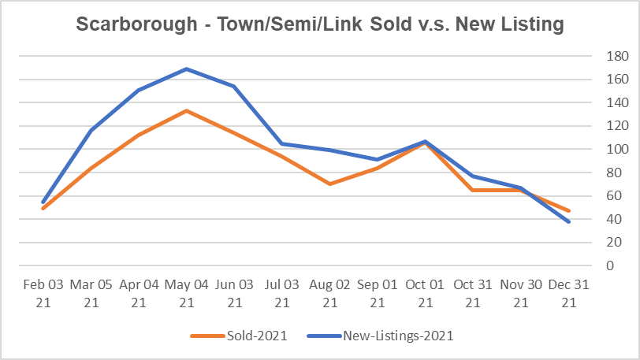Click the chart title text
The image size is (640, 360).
pyautogui.click(x=319, y=24)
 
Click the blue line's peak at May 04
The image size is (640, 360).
pyautogui.click(x=186, y=69)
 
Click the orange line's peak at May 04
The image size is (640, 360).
pyautogui.click(x=186, y=110)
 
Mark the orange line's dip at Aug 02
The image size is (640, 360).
pyautogui.click(x=329, y=184)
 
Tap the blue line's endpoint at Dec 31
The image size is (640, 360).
pyautogui.click(x=568, y=221)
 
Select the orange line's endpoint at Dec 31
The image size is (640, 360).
pyautogui.click(x=568, y=211)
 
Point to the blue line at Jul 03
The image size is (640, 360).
pyautogui.click(x=281, y=143)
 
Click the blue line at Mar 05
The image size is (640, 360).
pyautogui.click(x=91, y=131)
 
